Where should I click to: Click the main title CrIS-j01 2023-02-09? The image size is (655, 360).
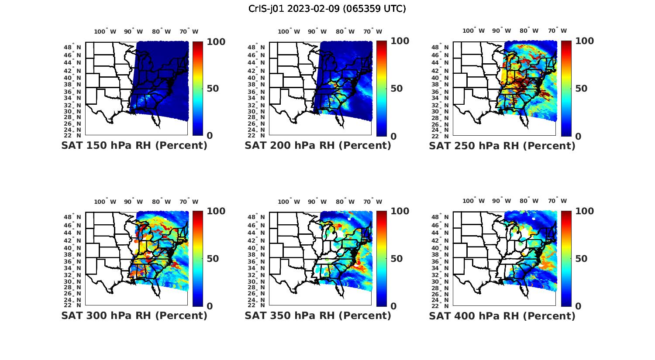pyautogui.click(x=327, y=8)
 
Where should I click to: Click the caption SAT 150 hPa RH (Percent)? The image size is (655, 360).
pyautogui.click(x=134, y=145)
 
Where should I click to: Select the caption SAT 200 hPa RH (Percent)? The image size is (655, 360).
pyautogui.click(x=318, y=145)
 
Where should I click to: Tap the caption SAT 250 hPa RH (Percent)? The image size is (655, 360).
pyautogui.click(x=502, y=146)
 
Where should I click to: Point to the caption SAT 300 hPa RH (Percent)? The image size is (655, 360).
pyautogui.click(x=134, y=315)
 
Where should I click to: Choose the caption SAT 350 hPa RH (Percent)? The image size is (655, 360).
pyautogui.click(x=318, y=315)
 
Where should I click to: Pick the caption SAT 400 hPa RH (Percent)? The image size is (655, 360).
pyautogui.click(x=502, y=315)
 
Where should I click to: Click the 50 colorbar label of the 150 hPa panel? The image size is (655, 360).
pyautogui.click(x=213, y=89)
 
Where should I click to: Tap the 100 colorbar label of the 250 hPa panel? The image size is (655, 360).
pyautogui.click(x=585, y=41)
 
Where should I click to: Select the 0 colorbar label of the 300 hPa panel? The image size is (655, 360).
pyautogui.click(x=210, y=306)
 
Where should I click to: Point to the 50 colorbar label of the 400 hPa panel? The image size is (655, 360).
pyautogui.click(x=581, y=259)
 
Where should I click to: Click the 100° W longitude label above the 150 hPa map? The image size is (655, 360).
pyautogui.click(x=105, y=31)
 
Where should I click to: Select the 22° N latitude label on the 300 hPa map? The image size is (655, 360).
pyautogui.click(x=76, y=305)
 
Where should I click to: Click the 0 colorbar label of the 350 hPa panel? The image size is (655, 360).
pyautogui.click(x=393, y=306)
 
